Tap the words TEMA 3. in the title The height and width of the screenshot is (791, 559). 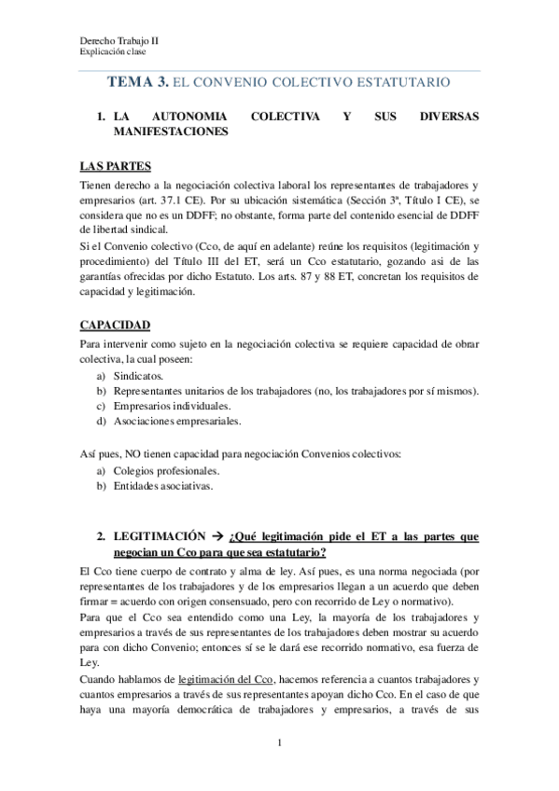[138, 83]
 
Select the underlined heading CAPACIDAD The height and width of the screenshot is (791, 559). [115, 326]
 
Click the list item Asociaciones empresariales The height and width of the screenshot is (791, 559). [176, 421]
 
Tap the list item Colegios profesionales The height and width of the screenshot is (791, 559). [166, 471]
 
